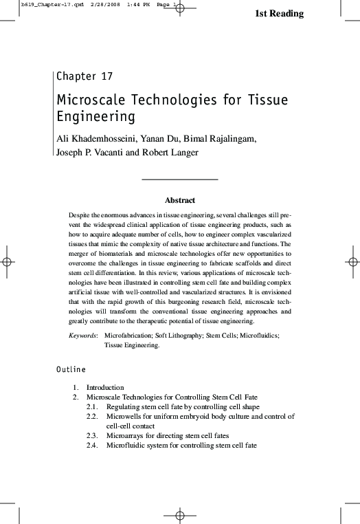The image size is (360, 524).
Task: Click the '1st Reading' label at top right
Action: [x=279, y=14]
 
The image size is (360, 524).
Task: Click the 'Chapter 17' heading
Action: [x=85, y=76]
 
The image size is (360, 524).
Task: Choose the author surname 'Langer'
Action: [x=181, y=152]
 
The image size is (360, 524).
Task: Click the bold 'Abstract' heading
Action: [x=180, y=201]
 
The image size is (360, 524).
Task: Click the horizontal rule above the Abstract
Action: [x=179, y=179]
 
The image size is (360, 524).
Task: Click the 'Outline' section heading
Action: [x=71, y=370]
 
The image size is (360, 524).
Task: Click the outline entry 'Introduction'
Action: [x=105, y=388]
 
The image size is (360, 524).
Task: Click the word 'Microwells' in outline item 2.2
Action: [x=125, y=417]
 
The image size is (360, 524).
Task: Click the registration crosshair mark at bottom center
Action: [x=179, y=514]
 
